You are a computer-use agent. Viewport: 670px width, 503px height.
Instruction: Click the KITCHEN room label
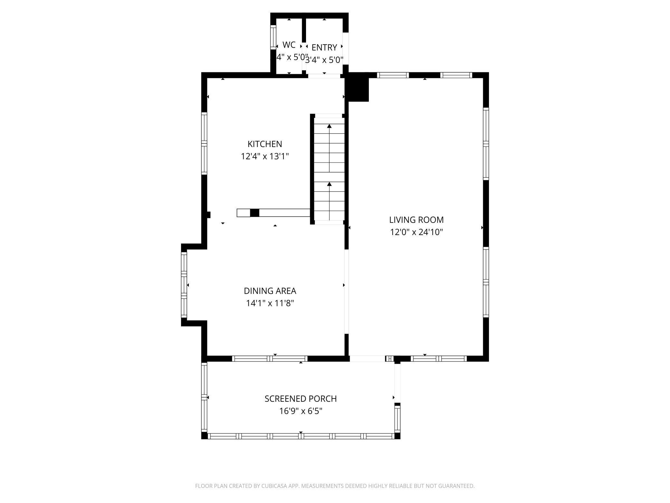264,144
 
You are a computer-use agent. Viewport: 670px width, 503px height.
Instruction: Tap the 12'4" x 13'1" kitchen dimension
264,156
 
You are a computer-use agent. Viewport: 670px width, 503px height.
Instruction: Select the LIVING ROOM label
416,220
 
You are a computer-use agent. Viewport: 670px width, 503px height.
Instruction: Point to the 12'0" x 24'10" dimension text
416,232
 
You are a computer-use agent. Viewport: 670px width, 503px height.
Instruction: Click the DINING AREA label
270,291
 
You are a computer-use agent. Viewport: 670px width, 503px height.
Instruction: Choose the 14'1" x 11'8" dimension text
270,303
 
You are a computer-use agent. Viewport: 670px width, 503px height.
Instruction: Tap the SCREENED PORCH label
301,399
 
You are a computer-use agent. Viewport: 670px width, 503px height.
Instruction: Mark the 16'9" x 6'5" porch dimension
301,411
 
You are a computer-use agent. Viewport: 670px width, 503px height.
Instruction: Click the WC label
289,45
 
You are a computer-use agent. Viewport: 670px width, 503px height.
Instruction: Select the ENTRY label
324,47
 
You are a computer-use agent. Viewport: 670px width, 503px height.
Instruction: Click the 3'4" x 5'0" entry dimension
324,60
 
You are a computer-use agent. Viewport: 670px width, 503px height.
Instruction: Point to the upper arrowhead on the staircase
329,126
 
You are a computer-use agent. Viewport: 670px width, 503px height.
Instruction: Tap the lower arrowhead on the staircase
329,184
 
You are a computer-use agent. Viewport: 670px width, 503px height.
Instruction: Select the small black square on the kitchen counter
254,213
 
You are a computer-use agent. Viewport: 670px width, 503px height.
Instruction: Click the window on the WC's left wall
273,38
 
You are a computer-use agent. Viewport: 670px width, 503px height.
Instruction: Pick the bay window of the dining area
184,285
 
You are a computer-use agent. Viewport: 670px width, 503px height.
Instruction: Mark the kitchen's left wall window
204,143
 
